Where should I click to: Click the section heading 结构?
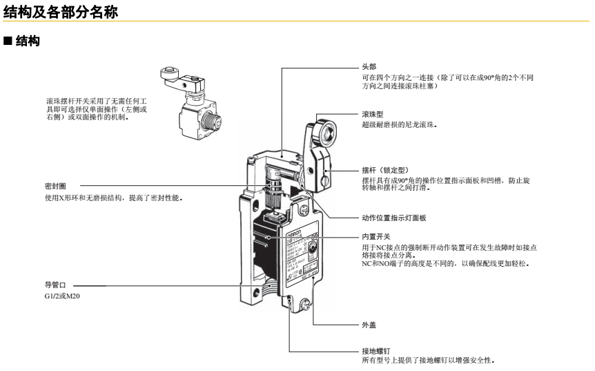tap(28, 42)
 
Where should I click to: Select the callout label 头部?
tap(369, 66)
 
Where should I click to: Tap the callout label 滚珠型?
tap(373, 114)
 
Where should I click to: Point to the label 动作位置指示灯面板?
tap(394, 218)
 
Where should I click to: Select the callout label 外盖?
tap(369, 324)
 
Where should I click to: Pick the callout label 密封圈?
tap(55, 186)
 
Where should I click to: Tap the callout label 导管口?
tap(55, 285)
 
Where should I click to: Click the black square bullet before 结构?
tap(8, 42)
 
